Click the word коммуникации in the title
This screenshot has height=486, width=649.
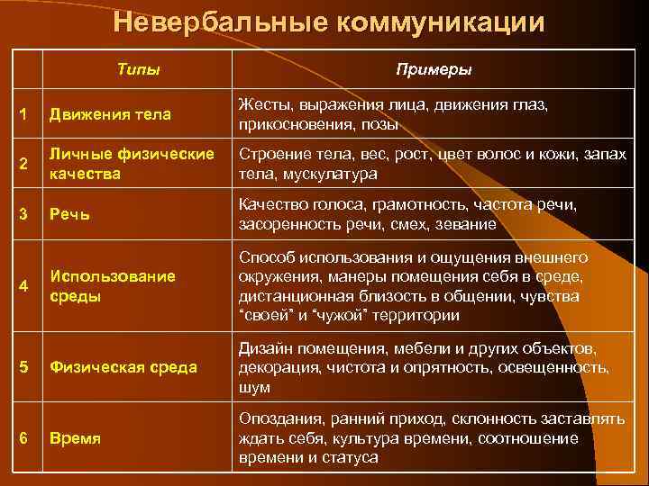(440, 22)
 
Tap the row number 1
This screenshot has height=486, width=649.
(23, 114)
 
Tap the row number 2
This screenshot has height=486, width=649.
(23, 163)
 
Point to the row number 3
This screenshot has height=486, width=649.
(23, 213)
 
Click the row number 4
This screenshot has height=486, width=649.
(23, 286)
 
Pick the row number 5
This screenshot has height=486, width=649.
(23, 366)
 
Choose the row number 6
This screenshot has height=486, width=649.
(23, 438)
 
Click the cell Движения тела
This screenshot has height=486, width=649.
(110, 114)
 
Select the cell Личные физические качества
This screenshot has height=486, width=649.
(132, 163)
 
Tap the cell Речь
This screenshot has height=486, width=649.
(69, 213)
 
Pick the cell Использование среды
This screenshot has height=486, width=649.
(113, 286)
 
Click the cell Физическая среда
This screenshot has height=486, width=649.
(123, 366)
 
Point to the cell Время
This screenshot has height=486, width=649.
(76, 438)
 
